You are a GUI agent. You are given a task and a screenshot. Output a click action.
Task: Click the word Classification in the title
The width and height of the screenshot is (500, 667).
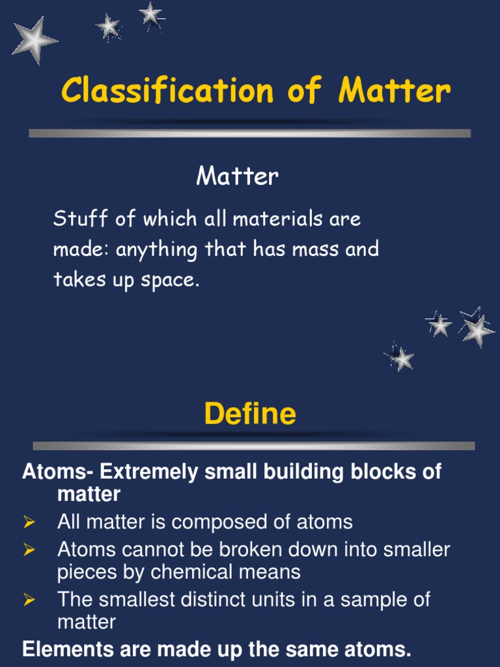pos(167,90)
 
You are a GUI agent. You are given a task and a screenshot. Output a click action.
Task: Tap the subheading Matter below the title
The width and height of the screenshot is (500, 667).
pos(238,176)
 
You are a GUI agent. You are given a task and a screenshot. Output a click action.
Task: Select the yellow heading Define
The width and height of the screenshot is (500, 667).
pos(250,414)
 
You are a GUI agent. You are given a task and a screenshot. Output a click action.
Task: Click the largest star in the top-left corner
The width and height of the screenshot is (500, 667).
pos(35,40)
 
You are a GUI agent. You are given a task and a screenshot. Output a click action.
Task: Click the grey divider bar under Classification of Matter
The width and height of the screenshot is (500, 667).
pos(250,133)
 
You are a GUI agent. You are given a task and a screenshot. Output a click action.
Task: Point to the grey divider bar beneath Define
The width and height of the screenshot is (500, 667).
pos(254,446)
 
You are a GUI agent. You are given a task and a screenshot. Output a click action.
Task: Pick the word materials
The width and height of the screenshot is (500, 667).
pos(274,219)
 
